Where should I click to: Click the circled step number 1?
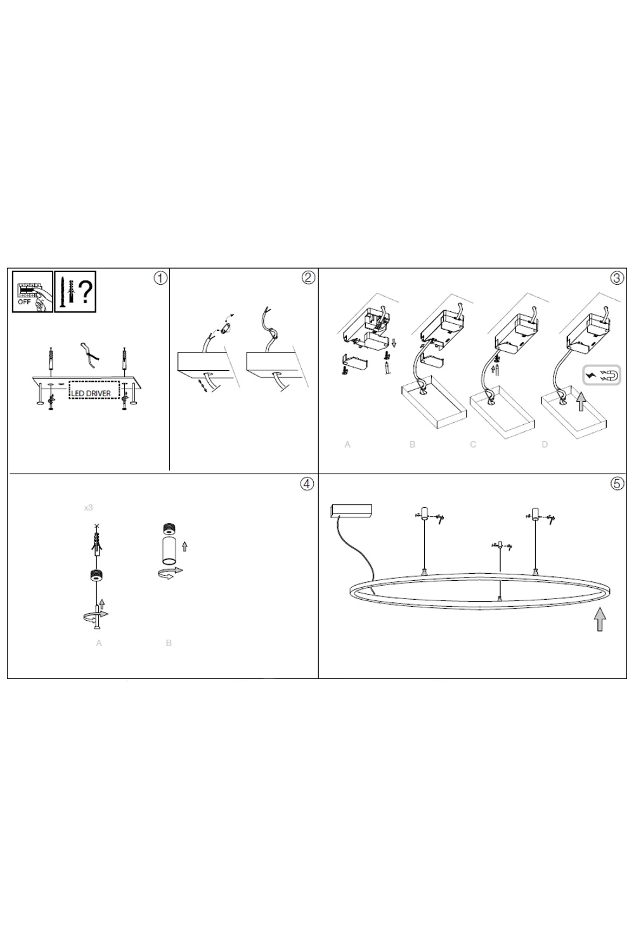point(160,278)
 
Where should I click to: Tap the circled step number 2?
point(308,278)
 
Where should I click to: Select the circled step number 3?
point(617,278)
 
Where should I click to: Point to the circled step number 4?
point(307,484)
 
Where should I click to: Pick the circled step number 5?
point(617,483)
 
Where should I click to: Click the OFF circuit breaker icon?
point(32,292)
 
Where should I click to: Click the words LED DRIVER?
point(91,394)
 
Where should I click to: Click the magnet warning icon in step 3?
point(602,375)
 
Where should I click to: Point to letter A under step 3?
point(347,444)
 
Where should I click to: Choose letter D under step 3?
point(545,444)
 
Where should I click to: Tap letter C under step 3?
point(473,444)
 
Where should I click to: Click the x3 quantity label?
point(88,507)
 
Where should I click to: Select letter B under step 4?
point(169,643)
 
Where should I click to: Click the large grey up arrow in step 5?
point(600,619)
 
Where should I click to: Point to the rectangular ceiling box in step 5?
point(352,511)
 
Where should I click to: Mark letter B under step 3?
point(412,444)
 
